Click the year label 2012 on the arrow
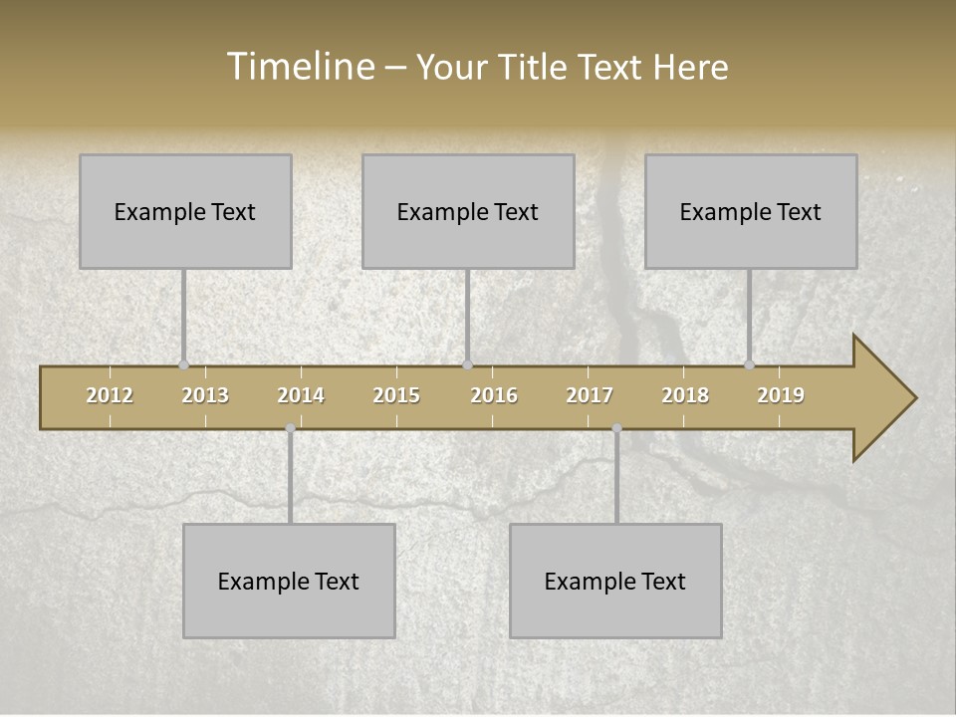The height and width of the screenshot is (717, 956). point(110,395)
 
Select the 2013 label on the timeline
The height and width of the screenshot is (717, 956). point(205,395)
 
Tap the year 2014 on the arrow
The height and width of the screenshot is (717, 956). point(301,395)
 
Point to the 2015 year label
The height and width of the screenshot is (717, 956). point(396,395)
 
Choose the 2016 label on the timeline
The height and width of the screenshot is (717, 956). point(494,395)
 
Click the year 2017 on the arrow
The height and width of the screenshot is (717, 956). point(590,395)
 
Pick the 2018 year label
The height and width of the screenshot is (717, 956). point(685,395)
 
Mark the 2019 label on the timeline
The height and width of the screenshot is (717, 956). point(781,395)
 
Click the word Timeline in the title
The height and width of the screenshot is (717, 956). point(299,66)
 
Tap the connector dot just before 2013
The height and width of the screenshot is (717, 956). point(183,364)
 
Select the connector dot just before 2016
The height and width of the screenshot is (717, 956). point(467,364)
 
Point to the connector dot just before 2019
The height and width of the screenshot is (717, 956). point(750,364)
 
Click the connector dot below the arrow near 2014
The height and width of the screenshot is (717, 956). point(290,428)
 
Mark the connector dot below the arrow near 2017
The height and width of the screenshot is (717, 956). point(616,428)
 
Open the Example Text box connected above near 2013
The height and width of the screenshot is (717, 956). point(185,211)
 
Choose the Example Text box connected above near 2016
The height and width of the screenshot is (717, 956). point(468,211)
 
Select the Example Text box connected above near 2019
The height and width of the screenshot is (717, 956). point(751,211)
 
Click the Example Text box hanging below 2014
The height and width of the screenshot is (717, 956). point(289,581)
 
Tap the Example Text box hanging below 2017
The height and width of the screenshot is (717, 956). point(615,581)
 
